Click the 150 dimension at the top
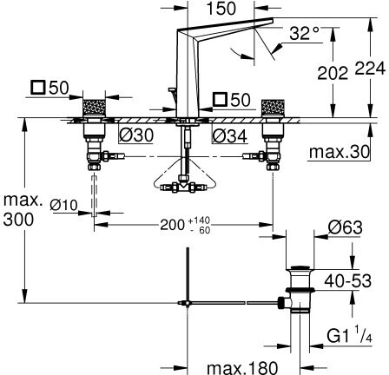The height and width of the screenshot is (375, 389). (221, 9)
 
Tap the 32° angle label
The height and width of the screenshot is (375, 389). (304, 33)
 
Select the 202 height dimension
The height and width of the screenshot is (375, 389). (333, 73)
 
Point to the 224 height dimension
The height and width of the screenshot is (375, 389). (371, 69)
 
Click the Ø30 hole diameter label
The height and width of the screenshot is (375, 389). (136, 135)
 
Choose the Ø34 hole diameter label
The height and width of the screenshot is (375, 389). (230, 136)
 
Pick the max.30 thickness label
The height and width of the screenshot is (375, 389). (340, 152)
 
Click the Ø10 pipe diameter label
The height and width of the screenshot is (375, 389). (63, 205)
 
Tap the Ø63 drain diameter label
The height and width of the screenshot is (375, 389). (346, 227)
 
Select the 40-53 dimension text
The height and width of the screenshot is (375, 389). (347, 280)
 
